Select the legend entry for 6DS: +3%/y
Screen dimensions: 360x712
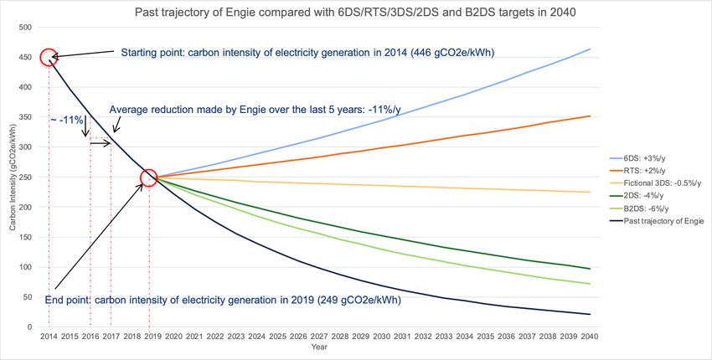tap(650, 157)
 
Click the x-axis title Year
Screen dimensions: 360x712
tap(319, 346)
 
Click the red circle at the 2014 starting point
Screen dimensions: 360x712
tap(49, 58)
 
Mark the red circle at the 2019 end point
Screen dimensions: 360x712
tap(149, 177)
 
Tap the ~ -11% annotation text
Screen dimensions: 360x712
tap(66, 120)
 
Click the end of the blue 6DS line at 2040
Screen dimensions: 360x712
tap(590, 49)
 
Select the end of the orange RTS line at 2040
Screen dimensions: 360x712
tap(590, 116)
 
